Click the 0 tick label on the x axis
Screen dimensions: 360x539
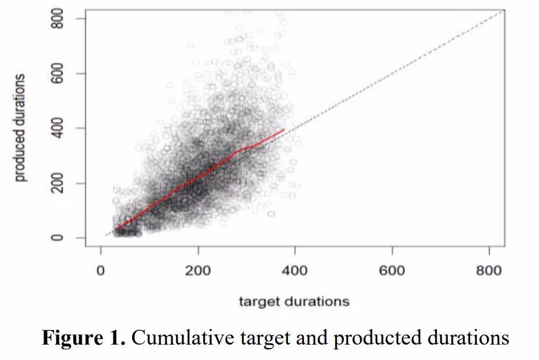coord(101,270)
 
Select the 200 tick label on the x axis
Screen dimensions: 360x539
coord(198,270)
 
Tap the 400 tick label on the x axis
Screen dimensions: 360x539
coord(295,270)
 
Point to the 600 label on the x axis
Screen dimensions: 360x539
coord(392,270)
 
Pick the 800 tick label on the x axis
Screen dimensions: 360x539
coord(489,270)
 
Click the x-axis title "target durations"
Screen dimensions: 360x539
coord(294,302)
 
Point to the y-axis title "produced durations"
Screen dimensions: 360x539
coord(21,128)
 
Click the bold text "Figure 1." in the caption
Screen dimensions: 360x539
coord(84,338)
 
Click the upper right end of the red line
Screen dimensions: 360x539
coord(285,129)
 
